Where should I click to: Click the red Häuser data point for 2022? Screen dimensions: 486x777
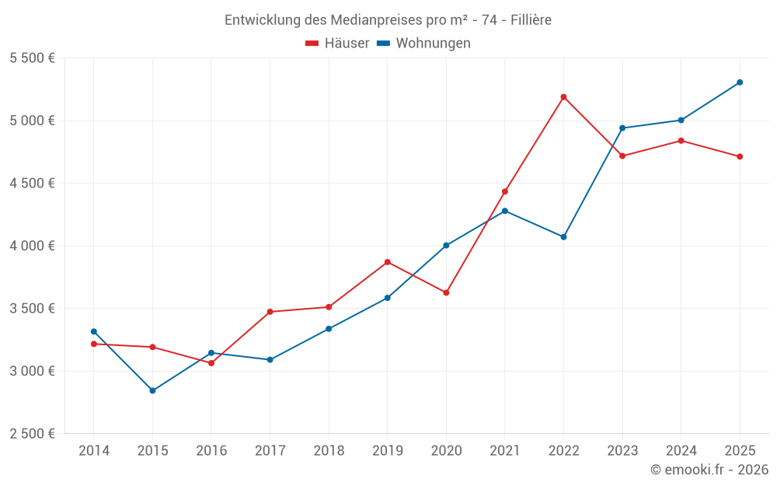[x=563, y=97]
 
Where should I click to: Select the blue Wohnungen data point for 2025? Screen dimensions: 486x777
[x=740, y=82]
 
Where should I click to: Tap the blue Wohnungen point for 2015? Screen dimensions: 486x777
[x=152, y=390]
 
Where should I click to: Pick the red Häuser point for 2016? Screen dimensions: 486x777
[x=211, y=363]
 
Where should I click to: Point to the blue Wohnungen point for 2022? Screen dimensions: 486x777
[x=563, y=237]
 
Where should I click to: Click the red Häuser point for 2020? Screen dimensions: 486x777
[x=446, y=292]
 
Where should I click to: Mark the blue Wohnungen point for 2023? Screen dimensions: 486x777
[x=622, y=128]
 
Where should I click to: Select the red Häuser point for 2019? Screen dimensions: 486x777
[x=387, y=262]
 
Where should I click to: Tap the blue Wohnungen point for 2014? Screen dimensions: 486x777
[x=94, y=331]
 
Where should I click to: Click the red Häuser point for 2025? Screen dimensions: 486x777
[x=740, y=156]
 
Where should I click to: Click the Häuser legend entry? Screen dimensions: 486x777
[x=337, y=44]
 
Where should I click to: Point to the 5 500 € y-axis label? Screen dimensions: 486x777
[x=33, y=58]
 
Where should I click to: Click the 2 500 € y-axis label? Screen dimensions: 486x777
[x=33, y=434]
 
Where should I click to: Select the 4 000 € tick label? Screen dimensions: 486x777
[x=33, y=246]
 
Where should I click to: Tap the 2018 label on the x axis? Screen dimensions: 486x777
[x=329, y=451]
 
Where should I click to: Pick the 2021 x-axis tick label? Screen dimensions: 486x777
[x=505, y=451]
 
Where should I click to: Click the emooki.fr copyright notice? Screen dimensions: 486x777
[x=709, y=470]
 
